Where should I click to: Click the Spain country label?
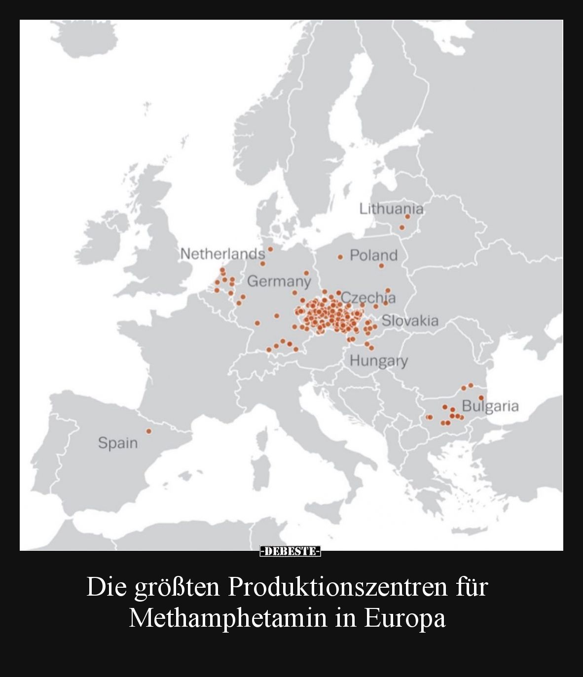117,443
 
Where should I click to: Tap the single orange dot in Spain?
148,431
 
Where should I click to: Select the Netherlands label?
222,254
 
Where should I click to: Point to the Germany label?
279,282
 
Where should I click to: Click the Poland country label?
373,255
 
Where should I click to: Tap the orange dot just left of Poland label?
340,257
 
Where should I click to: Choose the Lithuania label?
391,209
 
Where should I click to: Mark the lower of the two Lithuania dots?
402,227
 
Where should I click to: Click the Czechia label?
368,298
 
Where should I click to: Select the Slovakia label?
410,321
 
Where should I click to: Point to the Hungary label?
379,361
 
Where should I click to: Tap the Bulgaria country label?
490,406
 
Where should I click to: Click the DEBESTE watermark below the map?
291,551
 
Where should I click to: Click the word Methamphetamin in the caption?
227,618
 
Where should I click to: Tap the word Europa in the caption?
405,618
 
